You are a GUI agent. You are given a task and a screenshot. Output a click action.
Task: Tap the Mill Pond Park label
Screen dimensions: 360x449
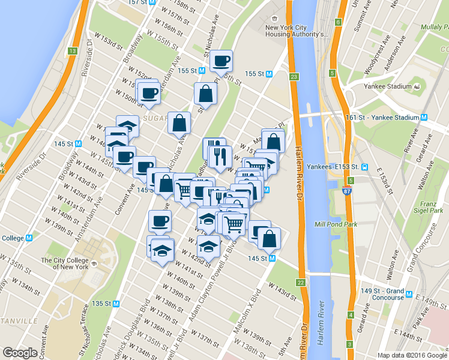tap(336, 225)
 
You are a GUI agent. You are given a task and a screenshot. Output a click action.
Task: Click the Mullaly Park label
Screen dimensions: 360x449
tap(430, 28)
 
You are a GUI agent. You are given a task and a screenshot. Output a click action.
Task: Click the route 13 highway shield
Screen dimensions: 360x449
tap(72, 52)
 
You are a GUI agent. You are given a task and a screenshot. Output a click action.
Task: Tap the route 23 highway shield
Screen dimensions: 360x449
tap(294, 77)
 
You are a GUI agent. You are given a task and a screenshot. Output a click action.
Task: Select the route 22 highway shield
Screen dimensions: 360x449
tap(300, 282)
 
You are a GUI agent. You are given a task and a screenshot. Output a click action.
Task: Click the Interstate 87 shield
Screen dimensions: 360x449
tap(347, 191)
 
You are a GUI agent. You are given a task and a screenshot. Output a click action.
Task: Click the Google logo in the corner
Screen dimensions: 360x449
tap(20, 353)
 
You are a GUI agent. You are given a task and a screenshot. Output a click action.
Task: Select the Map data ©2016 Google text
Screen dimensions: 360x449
tap(412, 355)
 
